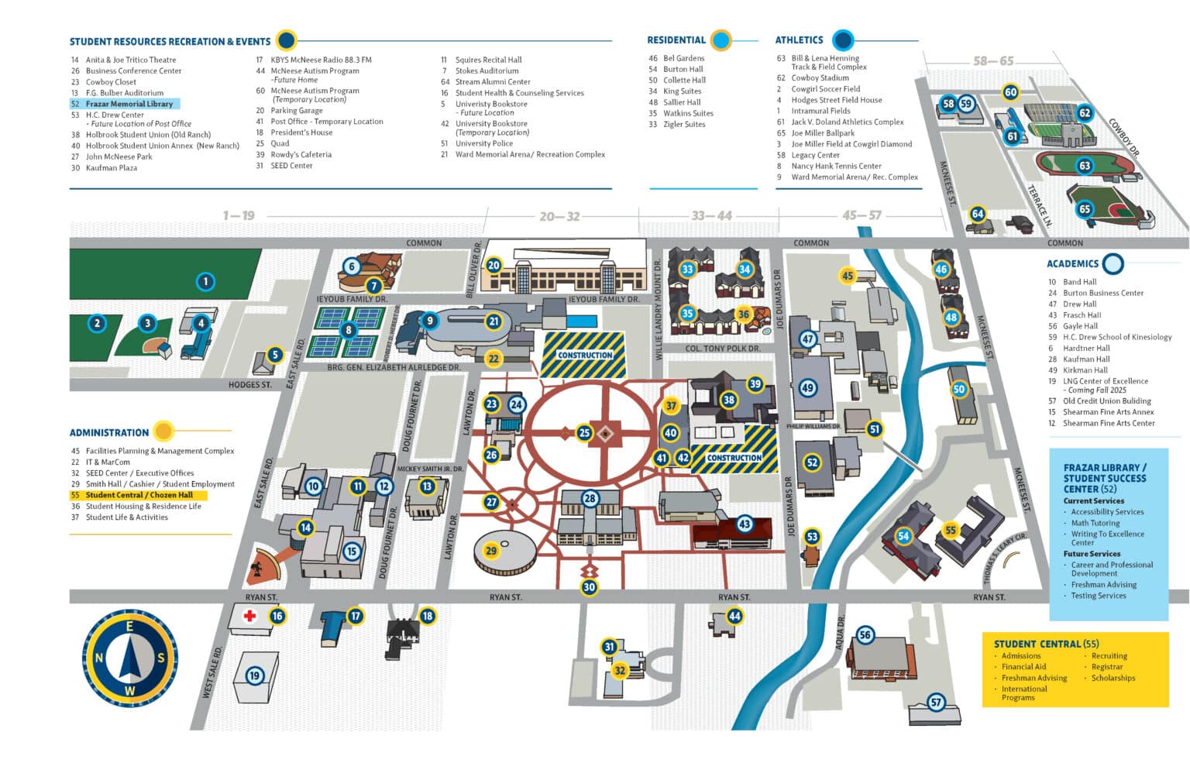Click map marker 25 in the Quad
[584, 433]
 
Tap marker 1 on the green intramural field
[205, 281]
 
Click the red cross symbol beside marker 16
[249, 617]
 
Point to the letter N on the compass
[99, 658]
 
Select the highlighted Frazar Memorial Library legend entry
[129, 104]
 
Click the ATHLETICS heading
[799, 40]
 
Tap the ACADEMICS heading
[1072, 264]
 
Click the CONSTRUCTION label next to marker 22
[585, 356]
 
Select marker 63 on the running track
[1085, 166]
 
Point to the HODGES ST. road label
[249, 385]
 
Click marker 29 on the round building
[491, 551]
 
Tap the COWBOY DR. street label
[1123, 137]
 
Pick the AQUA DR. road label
[840, 632]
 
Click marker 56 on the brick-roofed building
[865, 635]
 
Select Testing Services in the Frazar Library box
[1098, 596]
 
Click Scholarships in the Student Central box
[1113, 678]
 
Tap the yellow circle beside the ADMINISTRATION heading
[163, 431]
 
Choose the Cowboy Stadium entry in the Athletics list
[820, 78]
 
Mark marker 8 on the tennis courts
[349, 330]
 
